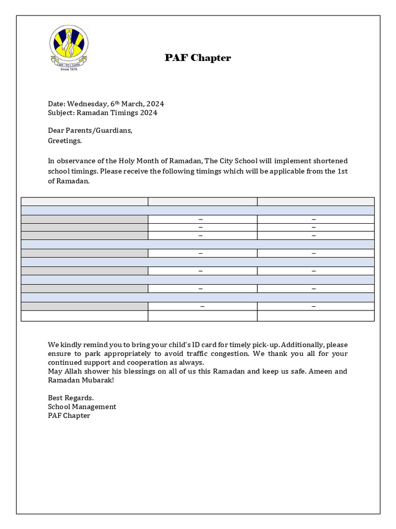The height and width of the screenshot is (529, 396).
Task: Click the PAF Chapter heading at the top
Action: (x=197, y=58)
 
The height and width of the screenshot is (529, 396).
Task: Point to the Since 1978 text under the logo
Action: (x=69, y=69)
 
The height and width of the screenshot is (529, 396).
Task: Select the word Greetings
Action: (x=64, y=140)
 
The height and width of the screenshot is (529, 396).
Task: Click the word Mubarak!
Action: (x=97, y=380)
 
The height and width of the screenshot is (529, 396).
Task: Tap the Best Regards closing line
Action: (x=71, y=398)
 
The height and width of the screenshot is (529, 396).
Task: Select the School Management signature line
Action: (x=81, y=407)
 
